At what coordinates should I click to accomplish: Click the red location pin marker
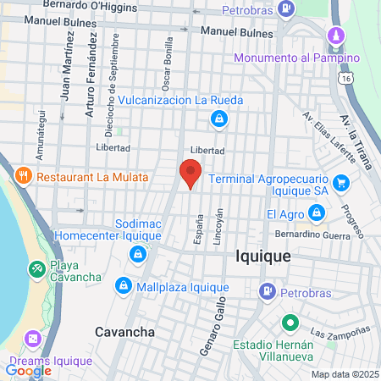(190, 173)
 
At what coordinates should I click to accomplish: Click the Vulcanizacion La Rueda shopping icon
(219, 119)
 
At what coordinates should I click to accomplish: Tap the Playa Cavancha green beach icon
(36, 269)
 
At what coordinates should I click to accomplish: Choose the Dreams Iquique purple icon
(32, 339)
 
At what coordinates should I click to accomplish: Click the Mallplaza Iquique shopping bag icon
(124, 285)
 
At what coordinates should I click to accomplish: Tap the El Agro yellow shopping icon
(316, 213)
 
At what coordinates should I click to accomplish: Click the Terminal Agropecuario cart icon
(341, 181)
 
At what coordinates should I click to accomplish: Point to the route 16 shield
(346, 78)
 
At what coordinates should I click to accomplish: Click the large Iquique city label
(262, 256)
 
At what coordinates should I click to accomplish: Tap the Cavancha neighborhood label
(124, 332)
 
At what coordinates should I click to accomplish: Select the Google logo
(28, 370)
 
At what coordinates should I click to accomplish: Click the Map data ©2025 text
(345, 374)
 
